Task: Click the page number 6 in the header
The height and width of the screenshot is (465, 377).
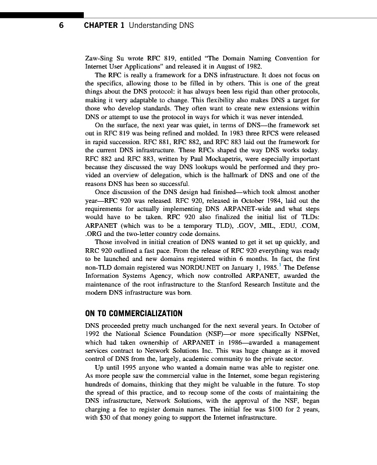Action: pyautogui.click(x=61, y=26)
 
